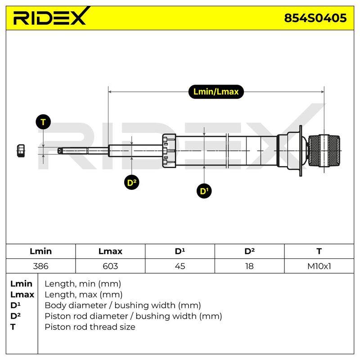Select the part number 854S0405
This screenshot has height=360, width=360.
(315, 18)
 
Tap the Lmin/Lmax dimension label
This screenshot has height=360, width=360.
(216, 92)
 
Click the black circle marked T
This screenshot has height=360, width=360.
(43, 121)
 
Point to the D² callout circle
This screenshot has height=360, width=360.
(131, 183)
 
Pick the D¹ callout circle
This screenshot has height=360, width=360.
(204, 191)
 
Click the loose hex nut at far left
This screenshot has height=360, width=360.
(21, 151)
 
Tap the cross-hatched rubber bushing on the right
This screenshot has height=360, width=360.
(324, 151)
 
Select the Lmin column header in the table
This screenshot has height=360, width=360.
(40, 251)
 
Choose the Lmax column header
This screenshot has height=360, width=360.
(110, 251)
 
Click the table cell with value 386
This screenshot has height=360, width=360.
(40, 266)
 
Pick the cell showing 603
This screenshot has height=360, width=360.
(110, 266)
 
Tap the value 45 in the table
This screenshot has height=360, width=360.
(180, 266)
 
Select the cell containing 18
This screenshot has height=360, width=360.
(249, 266)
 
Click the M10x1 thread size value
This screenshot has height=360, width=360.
(319, 266)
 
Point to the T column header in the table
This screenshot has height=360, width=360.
(319, 251)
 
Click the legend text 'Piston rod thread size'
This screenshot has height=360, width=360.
(90, 327)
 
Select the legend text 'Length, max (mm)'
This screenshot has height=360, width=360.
(84, 295)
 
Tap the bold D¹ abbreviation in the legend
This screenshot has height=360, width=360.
(15, 305)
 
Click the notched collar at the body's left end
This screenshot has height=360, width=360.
(169, 151)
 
